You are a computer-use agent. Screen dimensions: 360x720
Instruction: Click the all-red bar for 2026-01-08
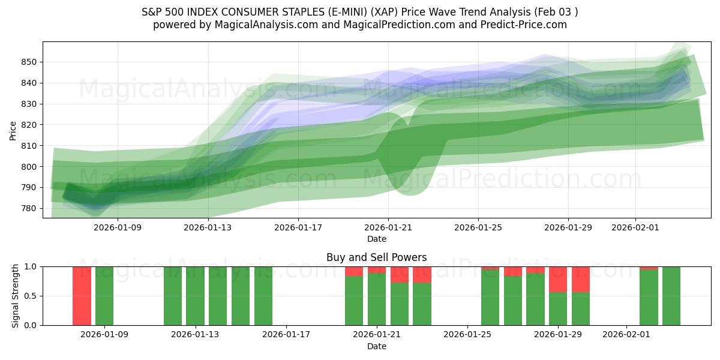point(82,296)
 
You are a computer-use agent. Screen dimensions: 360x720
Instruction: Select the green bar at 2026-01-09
point(104,296)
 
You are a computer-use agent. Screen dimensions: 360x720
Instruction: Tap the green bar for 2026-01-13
point(195,296)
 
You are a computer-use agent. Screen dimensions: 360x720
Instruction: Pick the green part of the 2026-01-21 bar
point(377,299)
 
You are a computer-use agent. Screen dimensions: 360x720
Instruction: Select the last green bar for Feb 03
point(671,296)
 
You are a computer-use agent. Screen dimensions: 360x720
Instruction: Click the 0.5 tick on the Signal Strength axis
point(31,296)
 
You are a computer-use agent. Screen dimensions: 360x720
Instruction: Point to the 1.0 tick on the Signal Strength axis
point(31,266)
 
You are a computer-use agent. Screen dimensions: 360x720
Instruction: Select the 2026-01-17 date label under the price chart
point(298,227)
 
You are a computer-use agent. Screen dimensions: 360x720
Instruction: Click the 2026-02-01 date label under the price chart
point(635,227)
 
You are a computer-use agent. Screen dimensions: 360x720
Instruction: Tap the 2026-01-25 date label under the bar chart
point(467,335)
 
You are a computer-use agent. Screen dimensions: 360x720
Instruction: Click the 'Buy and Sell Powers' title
point(377,257)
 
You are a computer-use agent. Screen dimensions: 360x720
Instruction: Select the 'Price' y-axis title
point(13,130)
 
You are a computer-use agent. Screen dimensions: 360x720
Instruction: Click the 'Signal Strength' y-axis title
point(16,296)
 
